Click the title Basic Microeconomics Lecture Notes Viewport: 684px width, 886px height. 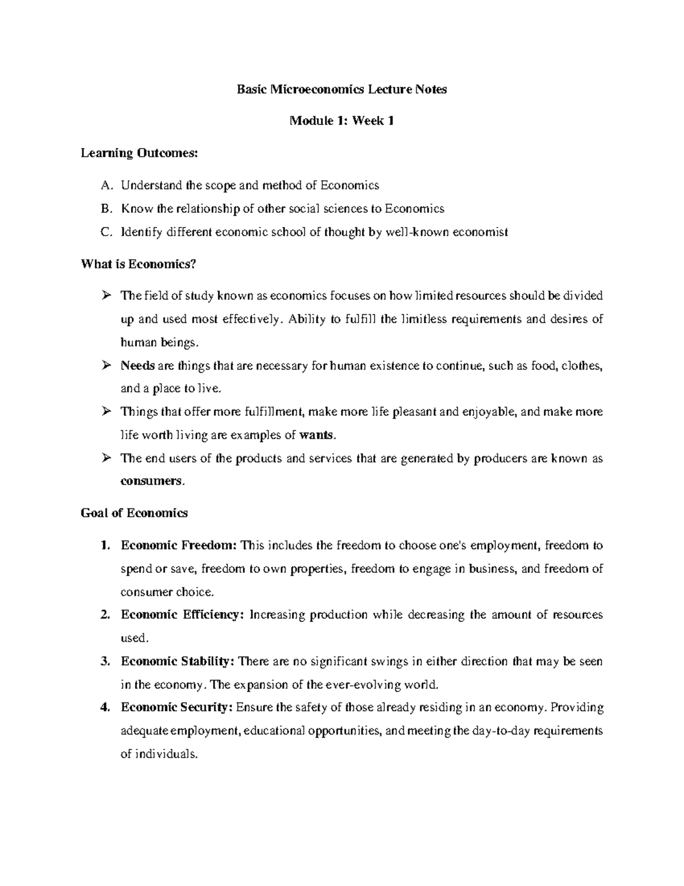pos(341,90)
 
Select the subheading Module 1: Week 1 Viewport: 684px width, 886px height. pos(341,121)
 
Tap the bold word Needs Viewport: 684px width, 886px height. pos(134,366)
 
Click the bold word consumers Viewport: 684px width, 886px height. pos(152,481)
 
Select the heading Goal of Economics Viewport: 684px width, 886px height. pos(135,513)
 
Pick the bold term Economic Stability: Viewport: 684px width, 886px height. pos(177,662)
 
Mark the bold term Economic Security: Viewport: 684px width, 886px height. pos(176,708)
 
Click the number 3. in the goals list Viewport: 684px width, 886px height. pos(104,662)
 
